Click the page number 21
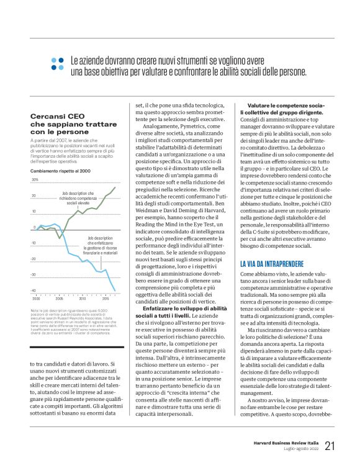[x=330, y=445]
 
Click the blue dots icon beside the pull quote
[x=58, y=63]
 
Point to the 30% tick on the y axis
[x=34, y=180]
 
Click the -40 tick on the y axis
[x=34, y=290]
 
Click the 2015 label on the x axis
[x=106, y=299]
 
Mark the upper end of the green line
[x=115, y=187]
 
